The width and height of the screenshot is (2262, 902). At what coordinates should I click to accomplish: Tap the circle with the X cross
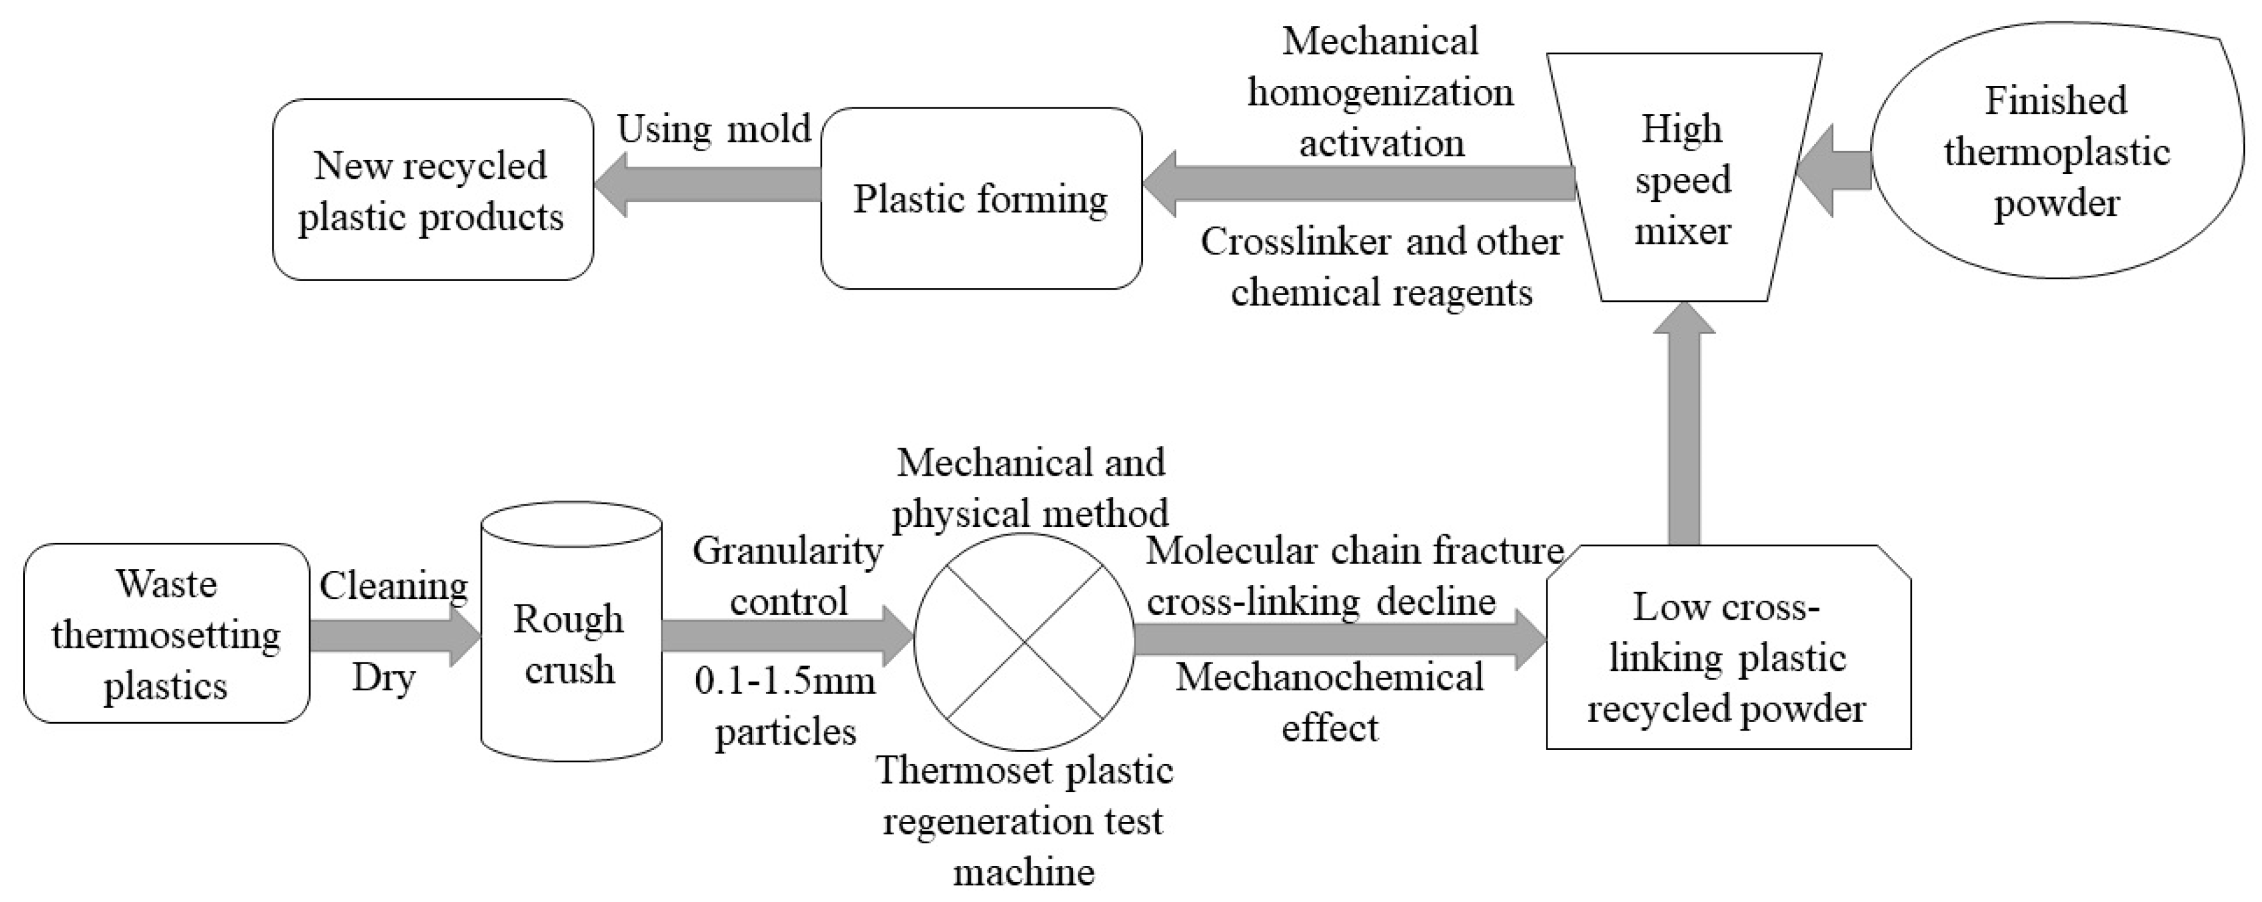pyautogui.click(x=1025, y=643)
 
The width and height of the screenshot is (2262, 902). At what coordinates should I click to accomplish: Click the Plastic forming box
pyautogui.click(x=981, y=198)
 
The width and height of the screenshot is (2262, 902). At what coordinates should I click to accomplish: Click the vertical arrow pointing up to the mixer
pyautogui.click(x=1684, y=431)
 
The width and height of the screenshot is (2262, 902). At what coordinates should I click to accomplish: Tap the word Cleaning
pyautogui.click(x=393, y=586)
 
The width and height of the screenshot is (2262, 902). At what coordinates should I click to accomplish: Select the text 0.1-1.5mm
pyautogui.click(x=785, y=681)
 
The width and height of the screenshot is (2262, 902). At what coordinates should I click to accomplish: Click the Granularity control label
pyautogui.click(x=788, y=576)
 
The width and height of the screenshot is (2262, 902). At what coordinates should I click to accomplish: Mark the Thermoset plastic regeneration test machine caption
pyautogui.click(x=1024, y=821)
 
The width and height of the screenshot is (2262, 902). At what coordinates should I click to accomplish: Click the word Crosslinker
pyautogui.click(x=1299, y=242)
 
